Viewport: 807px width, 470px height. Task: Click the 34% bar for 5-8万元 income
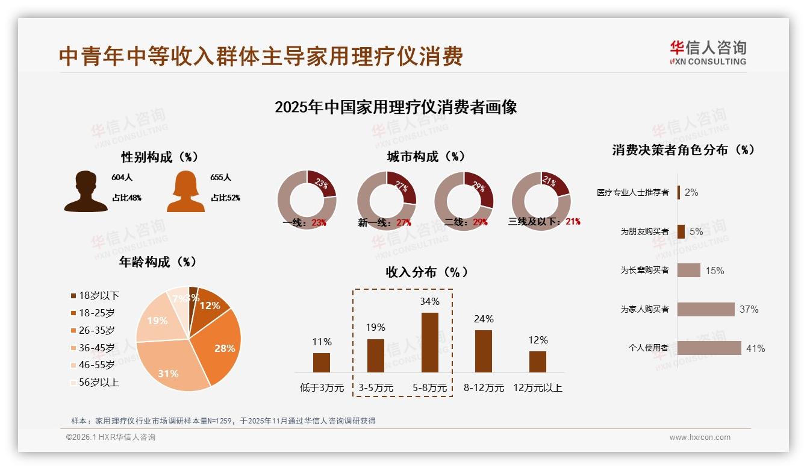click(429, 342)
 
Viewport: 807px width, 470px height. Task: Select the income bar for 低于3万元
click(322, 363)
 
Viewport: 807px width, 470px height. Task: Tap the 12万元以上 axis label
click(537, 388)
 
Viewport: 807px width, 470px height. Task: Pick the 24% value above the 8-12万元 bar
click(484, 319)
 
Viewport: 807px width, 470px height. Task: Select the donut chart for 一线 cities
click(307, 200)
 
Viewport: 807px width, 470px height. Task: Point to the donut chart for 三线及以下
click(541, 200)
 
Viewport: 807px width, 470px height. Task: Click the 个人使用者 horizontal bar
click(709, 348)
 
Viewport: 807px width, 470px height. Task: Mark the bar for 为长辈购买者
click(688, 270)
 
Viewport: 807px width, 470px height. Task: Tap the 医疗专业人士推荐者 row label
click(632, 192)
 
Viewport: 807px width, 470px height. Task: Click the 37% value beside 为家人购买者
click(749, 309)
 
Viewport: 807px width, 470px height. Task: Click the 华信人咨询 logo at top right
click(708, 52)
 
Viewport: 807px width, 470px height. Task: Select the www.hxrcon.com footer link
click(700, 437)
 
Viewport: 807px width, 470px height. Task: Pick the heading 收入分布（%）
click(426, 272)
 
